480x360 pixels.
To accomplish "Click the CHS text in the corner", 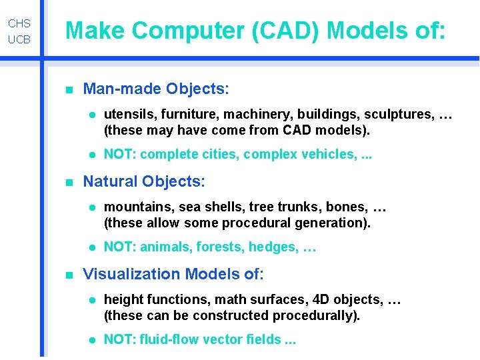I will tap(19, 24).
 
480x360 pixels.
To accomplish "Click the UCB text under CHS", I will tap(19, 40).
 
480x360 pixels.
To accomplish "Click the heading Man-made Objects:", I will tap(156, 89).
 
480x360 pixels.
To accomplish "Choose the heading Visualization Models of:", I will tap(173, 274).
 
